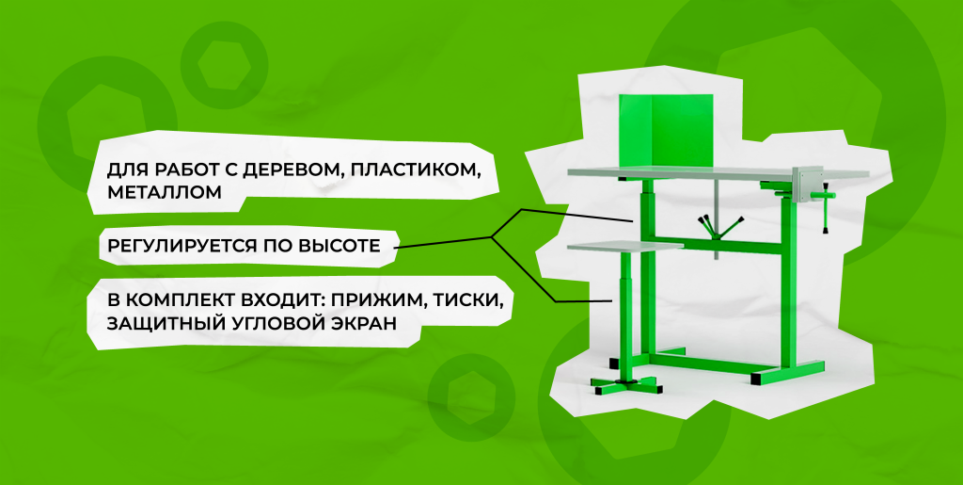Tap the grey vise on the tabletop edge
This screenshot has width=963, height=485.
point(807,184)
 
